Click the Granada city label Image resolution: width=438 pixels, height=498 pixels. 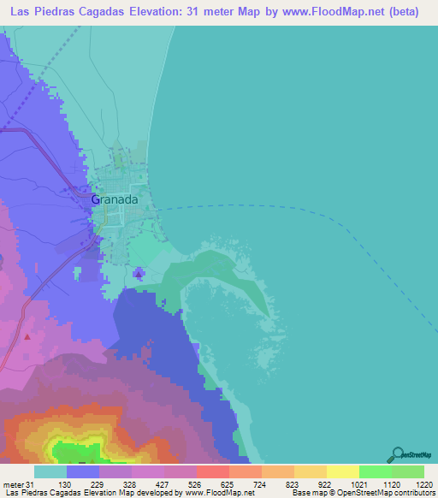tap(114, 199)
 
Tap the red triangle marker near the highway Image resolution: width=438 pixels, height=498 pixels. tap(27, 336)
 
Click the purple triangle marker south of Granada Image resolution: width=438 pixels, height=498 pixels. tap(139, 273)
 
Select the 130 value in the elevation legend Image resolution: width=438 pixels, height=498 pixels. tap(82, 485)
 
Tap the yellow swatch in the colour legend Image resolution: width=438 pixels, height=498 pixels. tap(342, 471)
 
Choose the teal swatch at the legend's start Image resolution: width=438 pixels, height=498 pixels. tap(50, 471)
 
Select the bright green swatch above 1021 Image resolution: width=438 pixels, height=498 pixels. tap(375, 471)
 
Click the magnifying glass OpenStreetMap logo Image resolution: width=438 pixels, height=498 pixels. tap(397, 454)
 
